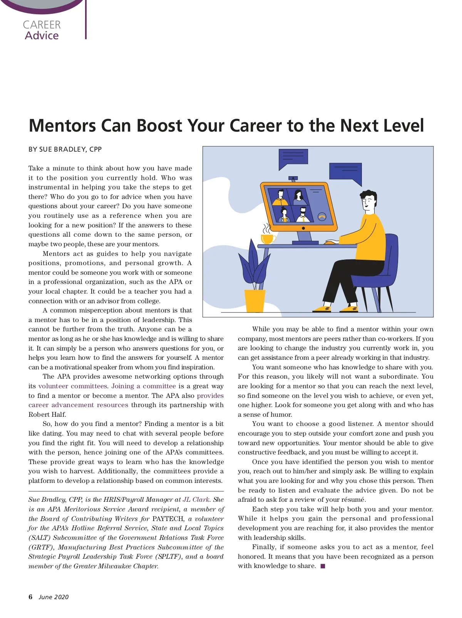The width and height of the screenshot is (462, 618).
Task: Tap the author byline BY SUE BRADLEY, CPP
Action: (65, 149)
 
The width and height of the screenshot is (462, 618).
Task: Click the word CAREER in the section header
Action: (42, 25)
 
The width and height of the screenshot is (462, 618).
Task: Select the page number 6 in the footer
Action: (30, 597)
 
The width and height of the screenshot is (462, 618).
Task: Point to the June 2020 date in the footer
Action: (54, 597)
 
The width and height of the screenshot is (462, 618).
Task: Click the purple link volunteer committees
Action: (72, 386)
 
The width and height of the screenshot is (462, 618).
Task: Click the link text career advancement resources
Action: (78, 405)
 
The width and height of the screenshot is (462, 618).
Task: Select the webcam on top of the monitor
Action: (293, 178)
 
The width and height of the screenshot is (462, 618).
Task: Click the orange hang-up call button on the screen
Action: (322, 217)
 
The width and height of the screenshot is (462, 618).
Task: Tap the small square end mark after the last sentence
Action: (323, 566)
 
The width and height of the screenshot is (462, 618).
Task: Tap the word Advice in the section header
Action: (42, 36)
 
